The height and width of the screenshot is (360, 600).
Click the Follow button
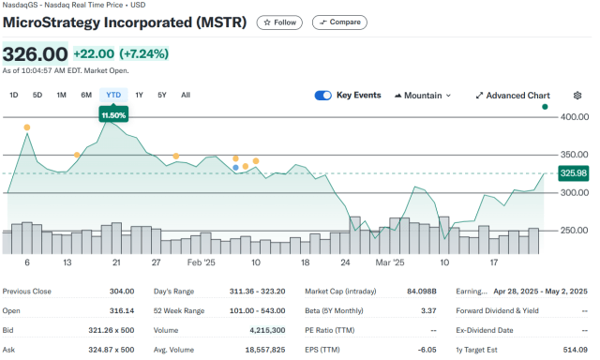pyautogui.click(x=278, y=22)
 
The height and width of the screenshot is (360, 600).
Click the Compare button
pyautogui.click(x=339, y=22)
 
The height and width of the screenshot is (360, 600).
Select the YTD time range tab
pyautogui.click(x=113, y=95)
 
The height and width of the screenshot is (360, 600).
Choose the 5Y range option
pyautogui.click(x=161, y=95)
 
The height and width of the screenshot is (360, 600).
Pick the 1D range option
pyautogui.click(x=14, y=95)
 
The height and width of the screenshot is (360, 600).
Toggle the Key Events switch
pyautogui.click(x=323, y=95)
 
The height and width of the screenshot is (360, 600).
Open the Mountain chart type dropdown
pyautogui.click(x=424, y=95)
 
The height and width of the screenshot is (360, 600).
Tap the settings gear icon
pyautogui.click(x=577, y=95)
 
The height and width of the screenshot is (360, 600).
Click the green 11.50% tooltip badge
pyautogui.click(x=113, y=113)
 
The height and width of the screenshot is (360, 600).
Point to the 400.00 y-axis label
pyautogui.click(x=574, y=117)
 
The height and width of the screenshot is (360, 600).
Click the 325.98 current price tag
pyautogui.click(x=573, y=172)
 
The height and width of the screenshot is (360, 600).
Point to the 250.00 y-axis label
pyautogui.click(x=574, y=231)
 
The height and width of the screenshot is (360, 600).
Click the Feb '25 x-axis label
pyautogui.click(x=201, y=263)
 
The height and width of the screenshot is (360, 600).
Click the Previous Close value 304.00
pyautogui.click(x=122, y=292)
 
